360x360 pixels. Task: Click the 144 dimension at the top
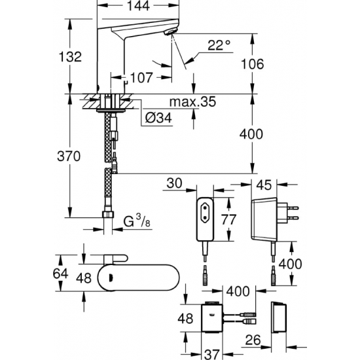(x=139, y=7)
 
